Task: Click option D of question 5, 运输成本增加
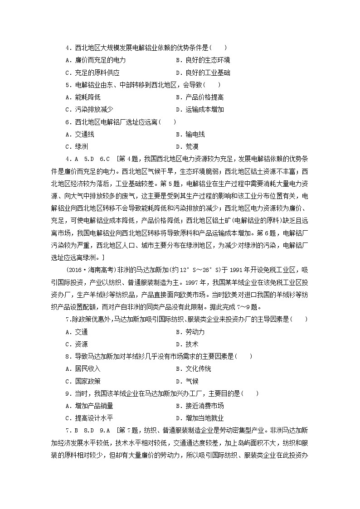click(199, 109)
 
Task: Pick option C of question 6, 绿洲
click(77, 146)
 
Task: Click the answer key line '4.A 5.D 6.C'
click(88, 159)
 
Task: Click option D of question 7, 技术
click(186, 344)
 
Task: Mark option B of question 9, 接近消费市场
click(199, 406)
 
